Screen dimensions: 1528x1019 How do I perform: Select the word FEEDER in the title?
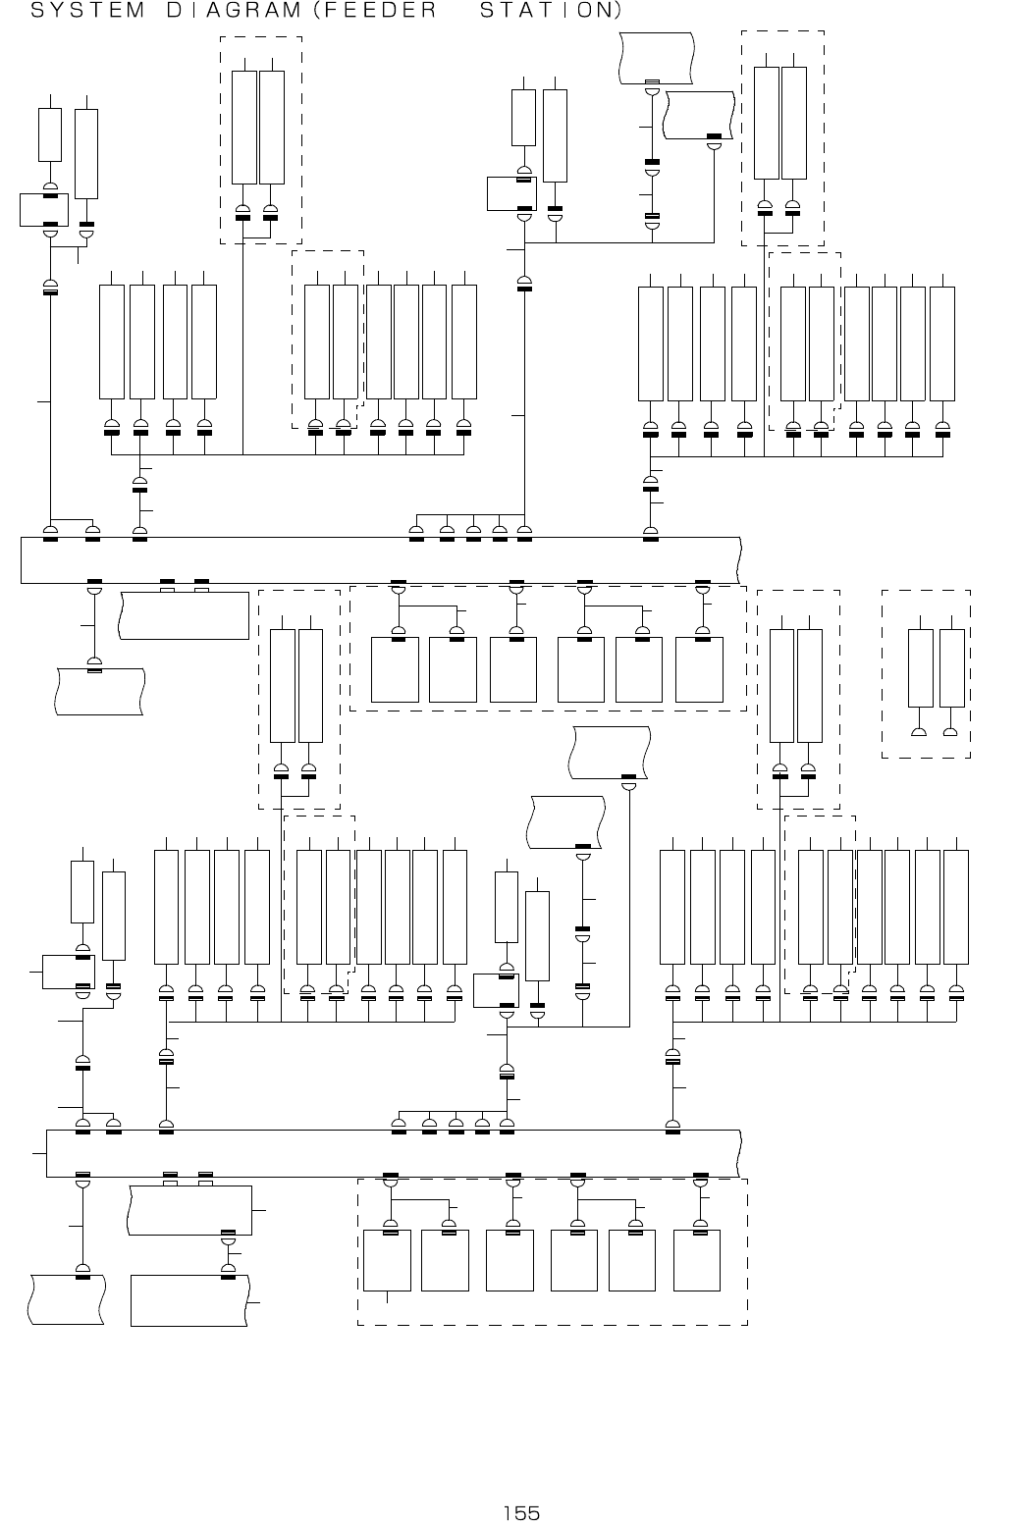(379, 12)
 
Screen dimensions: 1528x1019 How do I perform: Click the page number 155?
(521, 1513)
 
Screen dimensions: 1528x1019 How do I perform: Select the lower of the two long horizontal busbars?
(393, 1153)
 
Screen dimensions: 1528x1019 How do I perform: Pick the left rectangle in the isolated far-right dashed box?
(921, 668)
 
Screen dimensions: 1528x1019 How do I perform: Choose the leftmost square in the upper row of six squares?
(395, 669)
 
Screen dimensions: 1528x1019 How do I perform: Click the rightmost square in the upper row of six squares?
(699, 669)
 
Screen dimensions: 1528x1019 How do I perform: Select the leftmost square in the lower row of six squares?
(387, 1260)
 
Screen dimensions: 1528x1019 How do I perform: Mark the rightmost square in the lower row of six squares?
(697, 1260)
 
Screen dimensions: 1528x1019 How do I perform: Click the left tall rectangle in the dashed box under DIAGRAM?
(244, 127)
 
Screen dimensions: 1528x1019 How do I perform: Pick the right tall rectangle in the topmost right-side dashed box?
(794, 123)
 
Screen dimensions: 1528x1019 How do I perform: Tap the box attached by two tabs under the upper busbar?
(185, 615)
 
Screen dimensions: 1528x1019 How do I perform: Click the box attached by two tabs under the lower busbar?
(191, 1210)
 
